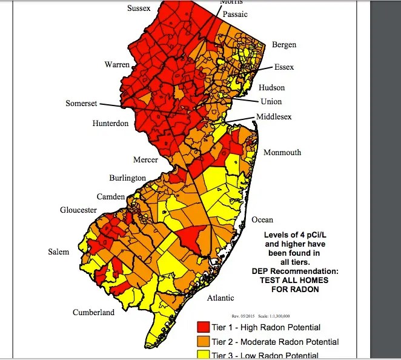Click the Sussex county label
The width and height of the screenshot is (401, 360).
(x=139, y=8)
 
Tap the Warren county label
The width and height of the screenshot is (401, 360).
(x=118, y=64)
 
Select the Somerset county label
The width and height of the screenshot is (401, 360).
(x=81, y=104)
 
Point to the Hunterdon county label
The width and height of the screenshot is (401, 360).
(x=110, y=123)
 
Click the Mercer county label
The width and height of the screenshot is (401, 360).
(x=145, y=160)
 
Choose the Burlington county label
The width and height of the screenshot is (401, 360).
(x=127, y=178)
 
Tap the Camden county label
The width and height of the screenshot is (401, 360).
(x=111, y=197)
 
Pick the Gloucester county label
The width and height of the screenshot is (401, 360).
(x=78, y=210)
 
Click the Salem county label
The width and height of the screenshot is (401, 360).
(x=59, y=252)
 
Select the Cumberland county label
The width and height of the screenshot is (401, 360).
(x=93, y=313)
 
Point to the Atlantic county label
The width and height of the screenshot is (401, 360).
(x=220, y=298)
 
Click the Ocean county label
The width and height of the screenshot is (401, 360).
(x=263, y=220)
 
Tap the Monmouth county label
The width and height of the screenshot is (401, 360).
(x=282, y=153)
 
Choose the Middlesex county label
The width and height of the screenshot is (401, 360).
(x=273, y=116)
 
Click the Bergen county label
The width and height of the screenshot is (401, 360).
(x=284, y=45)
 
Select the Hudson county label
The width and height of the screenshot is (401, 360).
(x=271, y=87)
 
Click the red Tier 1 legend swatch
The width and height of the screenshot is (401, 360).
(x=204, y=328)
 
